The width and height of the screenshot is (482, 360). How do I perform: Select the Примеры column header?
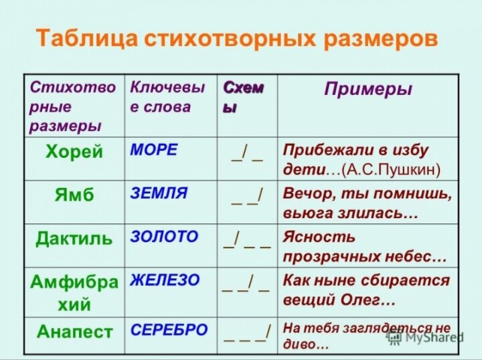pos(368,90)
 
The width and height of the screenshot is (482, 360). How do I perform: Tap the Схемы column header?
pos(242,97)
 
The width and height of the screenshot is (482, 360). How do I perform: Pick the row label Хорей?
pos(74,151)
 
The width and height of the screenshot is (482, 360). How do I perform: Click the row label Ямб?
pos(74,195)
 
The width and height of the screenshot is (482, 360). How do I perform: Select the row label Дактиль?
pos(74,238)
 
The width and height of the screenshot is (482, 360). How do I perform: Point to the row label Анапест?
pos(74,331)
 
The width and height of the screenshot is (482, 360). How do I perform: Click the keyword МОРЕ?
pos(154,150)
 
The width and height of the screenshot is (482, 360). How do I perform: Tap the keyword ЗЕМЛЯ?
pos(159,193)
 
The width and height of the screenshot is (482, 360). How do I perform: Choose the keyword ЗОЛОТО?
pos(164,237)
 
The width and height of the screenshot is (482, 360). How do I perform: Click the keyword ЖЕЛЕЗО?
pos(165,280)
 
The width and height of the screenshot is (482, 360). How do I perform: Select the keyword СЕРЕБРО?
pos(169,330)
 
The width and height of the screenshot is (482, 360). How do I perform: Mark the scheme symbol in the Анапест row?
pos(247,333)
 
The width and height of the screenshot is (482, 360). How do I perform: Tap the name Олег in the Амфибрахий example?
pos(359,300)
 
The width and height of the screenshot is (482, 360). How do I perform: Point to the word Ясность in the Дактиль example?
pos(319,237)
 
